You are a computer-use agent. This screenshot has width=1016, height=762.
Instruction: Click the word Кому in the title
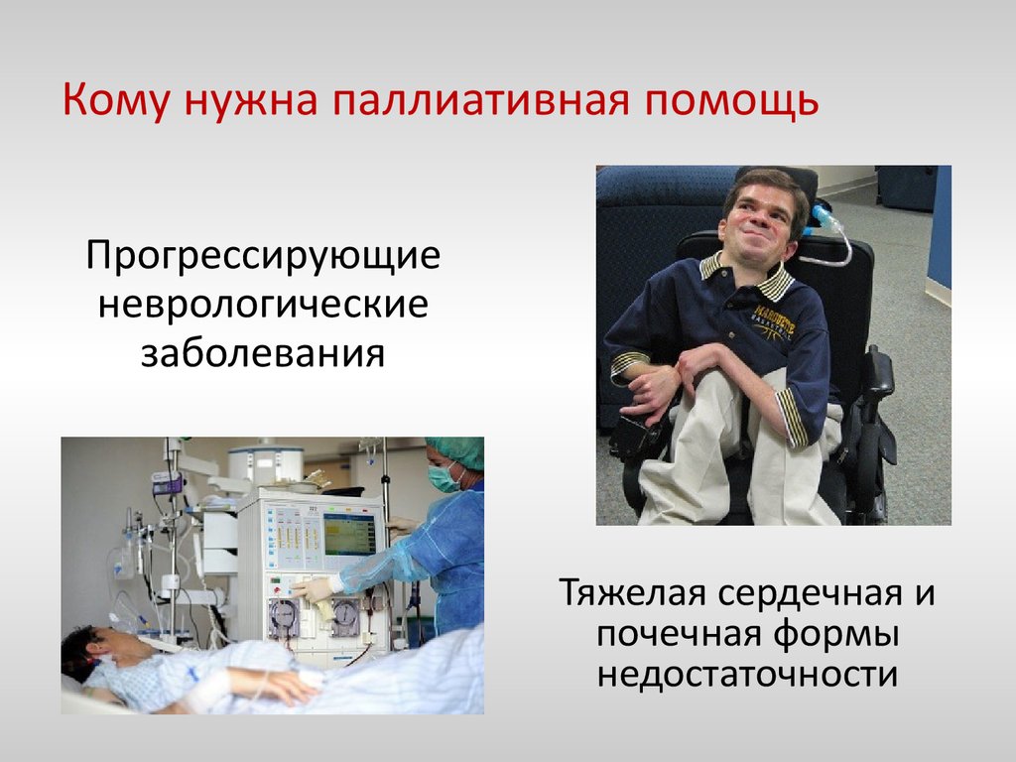pyautogui.click(x=117, y=99)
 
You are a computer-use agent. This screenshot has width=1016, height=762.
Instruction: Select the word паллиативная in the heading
pyautogui.click(x=481, y=100)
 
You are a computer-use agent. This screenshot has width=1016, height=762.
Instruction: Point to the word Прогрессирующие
pyautogui.click(x=263, y=257)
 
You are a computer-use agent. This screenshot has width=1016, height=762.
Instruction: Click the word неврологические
pyautogui.click(x=263, y=305)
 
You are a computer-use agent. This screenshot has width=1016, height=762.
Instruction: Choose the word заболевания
pyautogui.click(x=263, y=354)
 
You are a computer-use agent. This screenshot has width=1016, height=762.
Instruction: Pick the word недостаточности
pyautogui.click(x=747, y=675)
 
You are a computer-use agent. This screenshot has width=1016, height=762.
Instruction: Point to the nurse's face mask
pyautogui.click(x=443, y=477)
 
